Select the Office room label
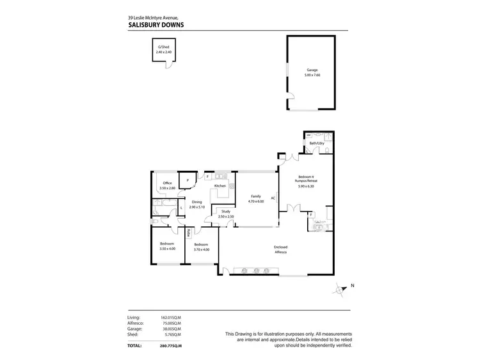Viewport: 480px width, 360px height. (168, 184)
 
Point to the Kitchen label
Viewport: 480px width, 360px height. (221, 185)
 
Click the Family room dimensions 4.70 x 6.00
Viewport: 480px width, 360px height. (255, 201)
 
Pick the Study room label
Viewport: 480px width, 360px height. (225, 212)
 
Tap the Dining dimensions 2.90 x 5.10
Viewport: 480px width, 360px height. (197, 207)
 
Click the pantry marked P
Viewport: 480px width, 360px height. (187, 181)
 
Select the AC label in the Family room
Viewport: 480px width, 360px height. (273, 198)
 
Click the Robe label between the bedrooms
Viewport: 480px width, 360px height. (189, 233)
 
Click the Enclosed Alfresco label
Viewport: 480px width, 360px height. (280, 250)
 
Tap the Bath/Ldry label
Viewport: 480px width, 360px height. (317, 143)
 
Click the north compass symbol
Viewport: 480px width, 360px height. (340, 289)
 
